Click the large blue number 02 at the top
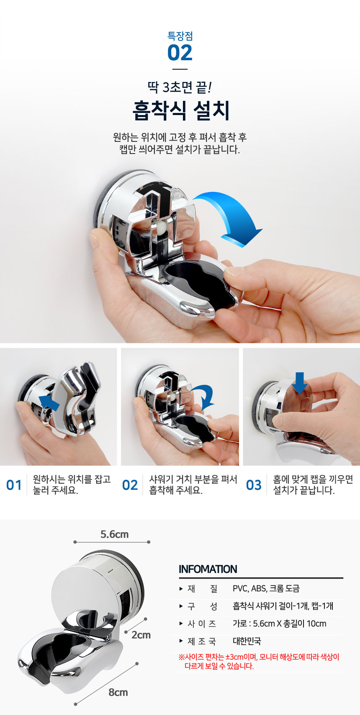[180, 53]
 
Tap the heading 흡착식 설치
[181, 111]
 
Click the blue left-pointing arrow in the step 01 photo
[49, 402]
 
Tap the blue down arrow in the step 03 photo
[300, 383]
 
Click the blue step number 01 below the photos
[14, 485]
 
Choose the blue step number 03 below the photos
[254, 485]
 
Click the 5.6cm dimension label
[114, 534]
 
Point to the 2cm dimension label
[141, 635]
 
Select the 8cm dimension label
[118, 692]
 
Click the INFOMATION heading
[208, 569]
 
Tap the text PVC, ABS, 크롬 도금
[266, 589]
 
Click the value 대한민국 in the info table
[247, 641]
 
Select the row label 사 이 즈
[202, 624]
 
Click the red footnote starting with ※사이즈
[259, 661]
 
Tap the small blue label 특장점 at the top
[180, 36]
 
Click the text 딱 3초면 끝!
[180, 87]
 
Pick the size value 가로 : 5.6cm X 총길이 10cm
[280, 624]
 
